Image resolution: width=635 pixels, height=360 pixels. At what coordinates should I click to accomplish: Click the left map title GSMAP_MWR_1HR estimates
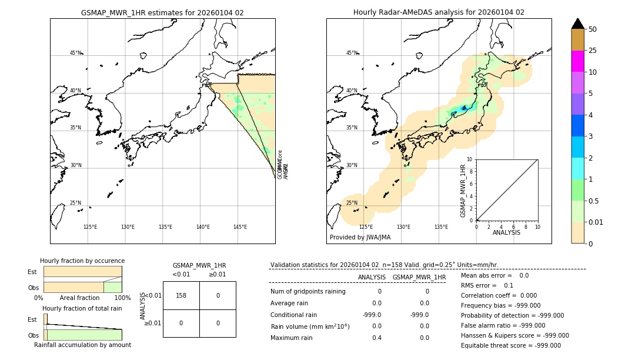[x=162, y=12]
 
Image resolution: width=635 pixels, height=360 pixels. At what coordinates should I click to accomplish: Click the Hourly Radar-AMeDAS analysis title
[x=439, y=12]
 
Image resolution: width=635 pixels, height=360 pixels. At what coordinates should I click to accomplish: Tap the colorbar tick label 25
[x=593, y=51]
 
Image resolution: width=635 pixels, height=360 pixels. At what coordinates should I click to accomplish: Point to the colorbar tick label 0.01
[x=596, y=222]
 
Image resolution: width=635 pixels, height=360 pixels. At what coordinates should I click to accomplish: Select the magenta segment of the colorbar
[x=577, y=61]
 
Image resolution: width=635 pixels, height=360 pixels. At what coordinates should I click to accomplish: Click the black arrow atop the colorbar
[x=577, y=24]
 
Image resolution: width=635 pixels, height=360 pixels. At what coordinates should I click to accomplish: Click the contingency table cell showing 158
[x=181, y=295]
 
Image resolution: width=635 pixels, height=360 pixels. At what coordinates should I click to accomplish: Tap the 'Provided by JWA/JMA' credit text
[x=360, y=238]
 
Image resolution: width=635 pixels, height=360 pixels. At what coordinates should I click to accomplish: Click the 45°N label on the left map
[x=76, y=53]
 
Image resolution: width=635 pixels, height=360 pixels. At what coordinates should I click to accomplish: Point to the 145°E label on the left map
[x=240, y=227]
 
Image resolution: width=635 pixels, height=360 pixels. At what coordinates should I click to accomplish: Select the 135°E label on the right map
[x=441, y=227]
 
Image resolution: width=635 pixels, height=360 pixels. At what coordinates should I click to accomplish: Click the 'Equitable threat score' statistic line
[x=511, y=346]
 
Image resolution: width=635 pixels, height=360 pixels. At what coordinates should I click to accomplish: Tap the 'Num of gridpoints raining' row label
[x=308, y=292]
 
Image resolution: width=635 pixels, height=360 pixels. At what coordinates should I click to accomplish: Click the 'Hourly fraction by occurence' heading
[x=82, y=261]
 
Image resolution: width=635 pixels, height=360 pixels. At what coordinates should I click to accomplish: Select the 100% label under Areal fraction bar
[x=122, y=298]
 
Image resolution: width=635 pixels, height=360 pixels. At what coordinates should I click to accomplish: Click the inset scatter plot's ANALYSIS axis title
[x=506, y=232]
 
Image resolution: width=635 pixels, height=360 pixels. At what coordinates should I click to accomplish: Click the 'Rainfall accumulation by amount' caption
[x=82, y=345]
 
